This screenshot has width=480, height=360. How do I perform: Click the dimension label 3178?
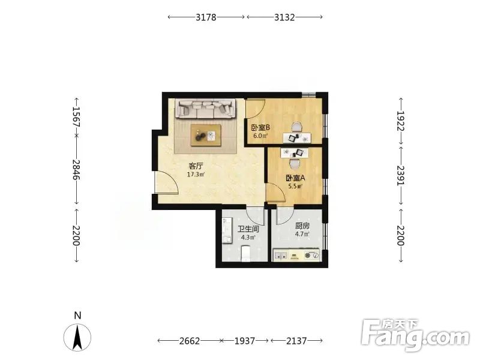[x=206, y=17]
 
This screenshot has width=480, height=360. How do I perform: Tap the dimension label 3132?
[x=284, y=17]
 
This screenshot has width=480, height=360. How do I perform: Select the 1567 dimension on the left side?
[x=76, y=117]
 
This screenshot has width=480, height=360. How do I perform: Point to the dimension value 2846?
[x=76, y=170]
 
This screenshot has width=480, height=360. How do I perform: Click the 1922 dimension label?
[x=401, y=121]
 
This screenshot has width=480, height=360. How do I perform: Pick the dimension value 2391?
[x=401, y=175]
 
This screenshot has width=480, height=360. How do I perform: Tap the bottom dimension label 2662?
[x=190, y=341]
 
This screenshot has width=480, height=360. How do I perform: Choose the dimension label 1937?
[x=245, y=341]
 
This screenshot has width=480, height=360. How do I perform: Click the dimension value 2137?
[x=296, y=341]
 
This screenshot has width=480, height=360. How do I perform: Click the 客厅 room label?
[x=196, y=166]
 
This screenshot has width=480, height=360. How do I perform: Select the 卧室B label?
[x=260, y=127]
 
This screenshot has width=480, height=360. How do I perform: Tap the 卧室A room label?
[x=296, y=178]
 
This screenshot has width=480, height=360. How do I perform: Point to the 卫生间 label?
[x=248, y=229]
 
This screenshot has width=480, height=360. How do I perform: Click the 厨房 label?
[x=302, y=226]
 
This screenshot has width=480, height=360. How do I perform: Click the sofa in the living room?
[x=206, y=109]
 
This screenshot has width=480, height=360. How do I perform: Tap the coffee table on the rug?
[x=206, y=135]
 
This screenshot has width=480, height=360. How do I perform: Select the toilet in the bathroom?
[x=246, y=253]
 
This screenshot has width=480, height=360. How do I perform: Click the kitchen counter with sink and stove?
[x=296, y=254]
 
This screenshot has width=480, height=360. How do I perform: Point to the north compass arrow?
[x=77, y=337]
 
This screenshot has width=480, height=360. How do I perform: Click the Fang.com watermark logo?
[x=415, y=335]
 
